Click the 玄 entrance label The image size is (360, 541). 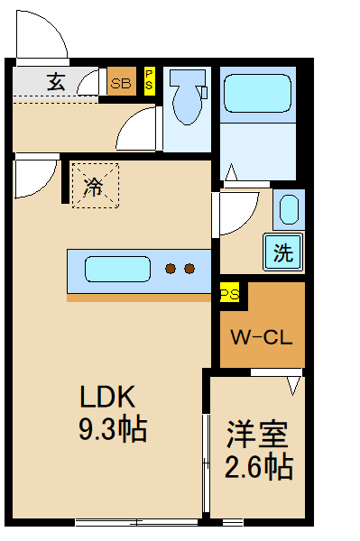point(56,82)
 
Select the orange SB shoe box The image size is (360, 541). point(122,82)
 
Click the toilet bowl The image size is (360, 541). point(187,99)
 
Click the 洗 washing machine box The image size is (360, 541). point(283,252)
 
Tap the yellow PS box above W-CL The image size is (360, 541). point(229,294)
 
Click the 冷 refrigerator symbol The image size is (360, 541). point(94,187)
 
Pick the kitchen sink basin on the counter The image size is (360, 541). point(117,270)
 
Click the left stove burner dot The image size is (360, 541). point(170,268)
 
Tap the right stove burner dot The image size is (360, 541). point(189,268)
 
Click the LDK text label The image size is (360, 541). point(107,398)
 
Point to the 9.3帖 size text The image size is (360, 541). point(112,429)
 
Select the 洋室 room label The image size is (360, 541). point(256,436)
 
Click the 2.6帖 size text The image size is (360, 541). point(257,467)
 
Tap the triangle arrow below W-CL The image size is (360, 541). point(292,385)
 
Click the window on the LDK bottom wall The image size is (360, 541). point(135,522)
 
